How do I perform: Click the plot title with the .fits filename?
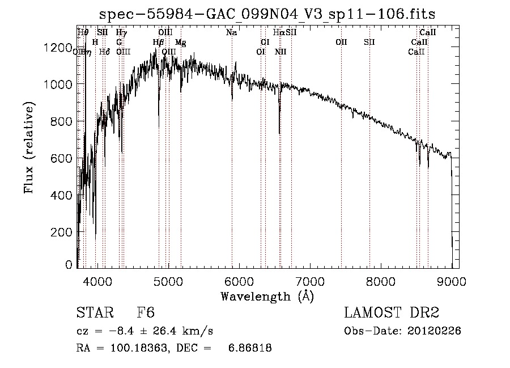point(267,14)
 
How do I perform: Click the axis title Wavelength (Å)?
point(267,296)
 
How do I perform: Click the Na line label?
point(231,33)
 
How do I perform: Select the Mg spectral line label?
point(180,42)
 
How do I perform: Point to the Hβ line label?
point(158,42)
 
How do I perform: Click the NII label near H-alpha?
point(280,52)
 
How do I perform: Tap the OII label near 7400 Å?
point(341,42)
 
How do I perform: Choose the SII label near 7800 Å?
point(369,42)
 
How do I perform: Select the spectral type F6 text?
point(145,313)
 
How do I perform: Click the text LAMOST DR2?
point(392,313)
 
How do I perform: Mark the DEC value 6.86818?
point(249,349)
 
